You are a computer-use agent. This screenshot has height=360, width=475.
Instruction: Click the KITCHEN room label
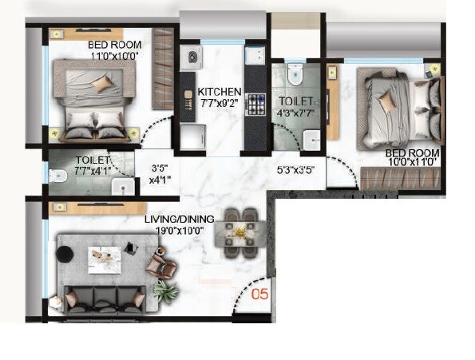tap(219, 91)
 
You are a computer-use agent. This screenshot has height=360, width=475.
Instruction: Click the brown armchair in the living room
tap(161, 263)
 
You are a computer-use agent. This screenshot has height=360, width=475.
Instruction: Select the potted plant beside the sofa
tap(166, 292)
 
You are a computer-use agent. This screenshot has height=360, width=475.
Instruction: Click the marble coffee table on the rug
tap(104, 258)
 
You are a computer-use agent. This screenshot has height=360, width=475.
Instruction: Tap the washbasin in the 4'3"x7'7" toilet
tap(313, 144)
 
